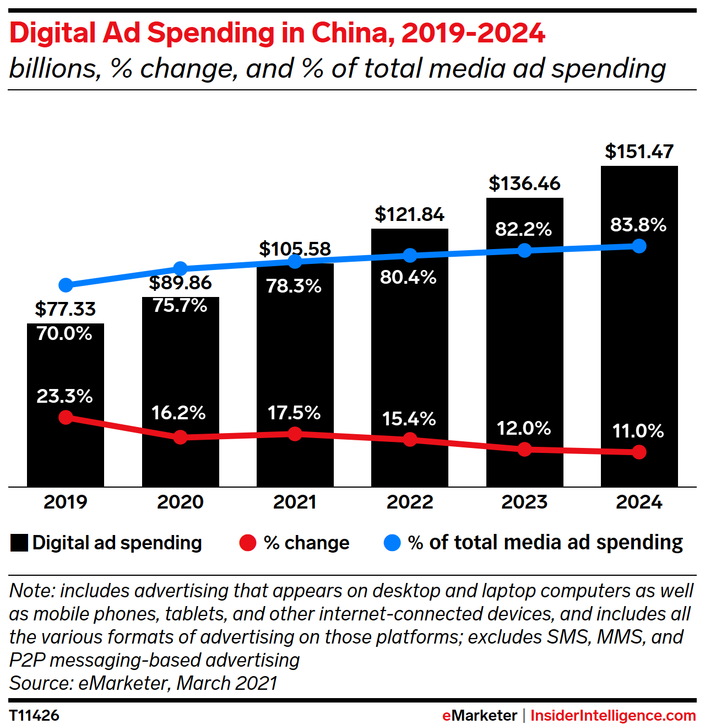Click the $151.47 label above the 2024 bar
tap(639, 152)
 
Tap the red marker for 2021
tap(295, 434)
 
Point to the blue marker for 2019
tap(66, 285)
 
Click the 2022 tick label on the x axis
tap(410, 502)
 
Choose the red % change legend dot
tap(248, 543)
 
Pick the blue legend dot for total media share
tap(392, 543)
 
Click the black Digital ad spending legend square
tap(19, 543)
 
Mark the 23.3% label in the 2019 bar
tap(64, 396)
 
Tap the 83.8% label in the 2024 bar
tap(638, 225)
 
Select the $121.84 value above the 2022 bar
tap(409, 214)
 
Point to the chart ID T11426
tap(34, 715)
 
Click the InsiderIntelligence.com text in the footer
tap(612, 715)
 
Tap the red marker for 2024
tap(639, 452)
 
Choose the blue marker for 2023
tap(524, 251)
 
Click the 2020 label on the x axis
tap(180, 502)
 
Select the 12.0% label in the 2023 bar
tap(523, 428)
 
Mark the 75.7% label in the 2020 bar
tap(180, 305)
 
